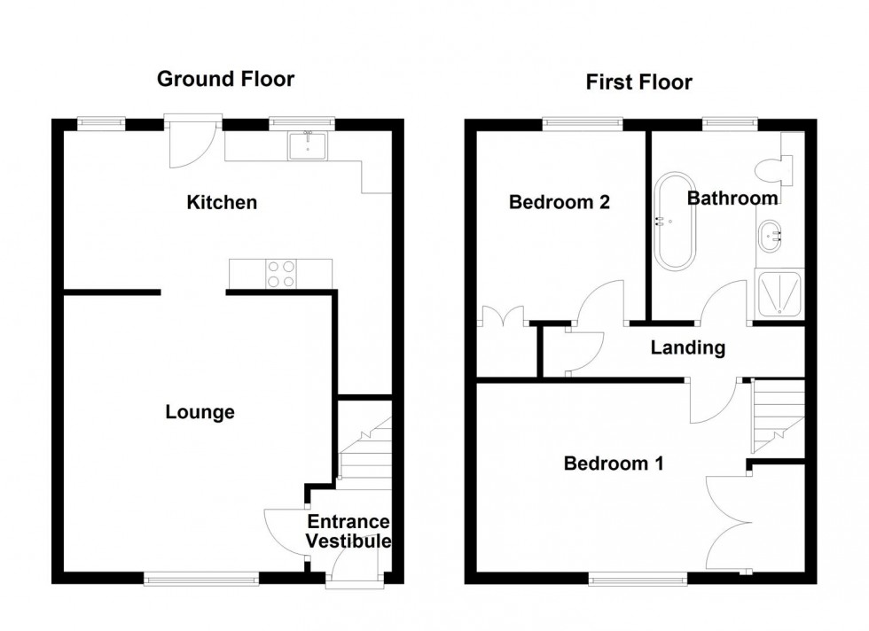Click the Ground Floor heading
tap(225, 79)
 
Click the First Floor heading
tap(638, 82)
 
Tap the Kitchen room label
tap(222, 203)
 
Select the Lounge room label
tap(200, 412)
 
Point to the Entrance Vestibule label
tap(348, 532)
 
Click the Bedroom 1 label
tap(615, 463)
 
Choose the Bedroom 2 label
tap(559, 202)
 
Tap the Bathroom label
tap(732, 199)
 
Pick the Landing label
tap(687, 348)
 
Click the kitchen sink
tap(308, 145)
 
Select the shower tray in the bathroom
tap(779, 294)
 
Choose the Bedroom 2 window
tap(582, 123)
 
